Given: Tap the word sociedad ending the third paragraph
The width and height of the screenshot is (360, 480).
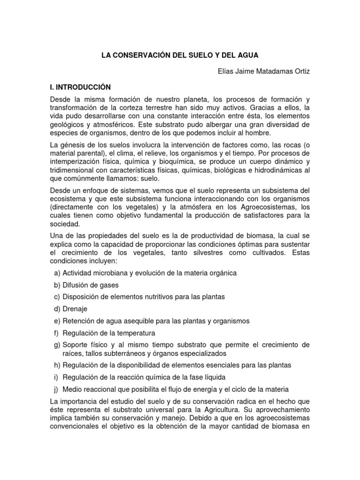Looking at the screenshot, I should point(64,224).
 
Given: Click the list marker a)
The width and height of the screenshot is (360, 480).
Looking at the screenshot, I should point(57,273).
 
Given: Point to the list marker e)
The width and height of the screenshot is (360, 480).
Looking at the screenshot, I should point(57,321).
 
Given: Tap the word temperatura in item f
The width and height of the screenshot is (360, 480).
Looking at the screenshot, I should point(135,333).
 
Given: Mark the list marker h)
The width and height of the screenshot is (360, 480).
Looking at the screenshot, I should point(57,365).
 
